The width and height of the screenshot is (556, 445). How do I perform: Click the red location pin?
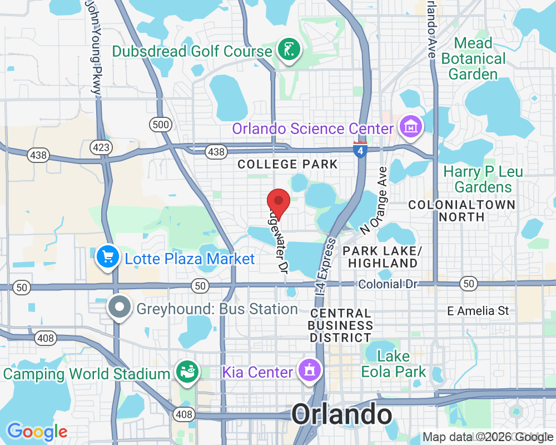(279, 203)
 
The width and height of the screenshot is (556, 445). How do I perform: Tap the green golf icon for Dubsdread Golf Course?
(288, 51)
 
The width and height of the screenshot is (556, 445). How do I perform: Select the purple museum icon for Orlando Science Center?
(411, 127)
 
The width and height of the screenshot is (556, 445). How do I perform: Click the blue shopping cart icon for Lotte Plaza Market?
(107, 258)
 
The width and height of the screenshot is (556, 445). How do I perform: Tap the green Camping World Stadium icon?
(186, 372)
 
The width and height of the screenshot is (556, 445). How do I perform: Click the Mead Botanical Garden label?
(473, 58)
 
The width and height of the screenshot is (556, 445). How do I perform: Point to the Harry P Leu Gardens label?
(483, 179)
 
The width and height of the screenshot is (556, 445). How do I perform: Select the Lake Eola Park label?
(394, 364)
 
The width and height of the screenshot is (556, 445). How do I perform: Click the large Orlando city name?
(341, 415)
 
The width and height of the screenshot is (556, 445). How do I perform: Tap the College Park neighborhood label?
(287, 164)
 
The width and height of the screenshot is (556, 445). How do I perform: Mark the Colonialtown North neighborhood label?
(461, 210)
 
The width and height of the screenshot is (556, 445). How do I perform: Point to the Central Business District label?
(341, 325)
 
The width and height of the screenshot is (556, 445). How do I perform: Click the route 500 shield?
(161, 125)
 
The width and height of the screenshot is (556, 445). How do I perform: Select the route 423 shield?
(102, 147)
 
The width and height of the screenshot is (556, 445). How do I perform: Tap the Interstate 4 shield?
(360, 149)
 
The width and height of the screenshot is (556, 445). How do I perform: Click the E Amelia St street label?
(478, 311)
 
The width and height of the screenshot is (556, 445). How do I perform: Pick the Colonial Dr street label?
(388, 284)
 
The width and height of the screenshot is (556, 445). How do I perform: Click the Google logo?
(37, 432)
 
